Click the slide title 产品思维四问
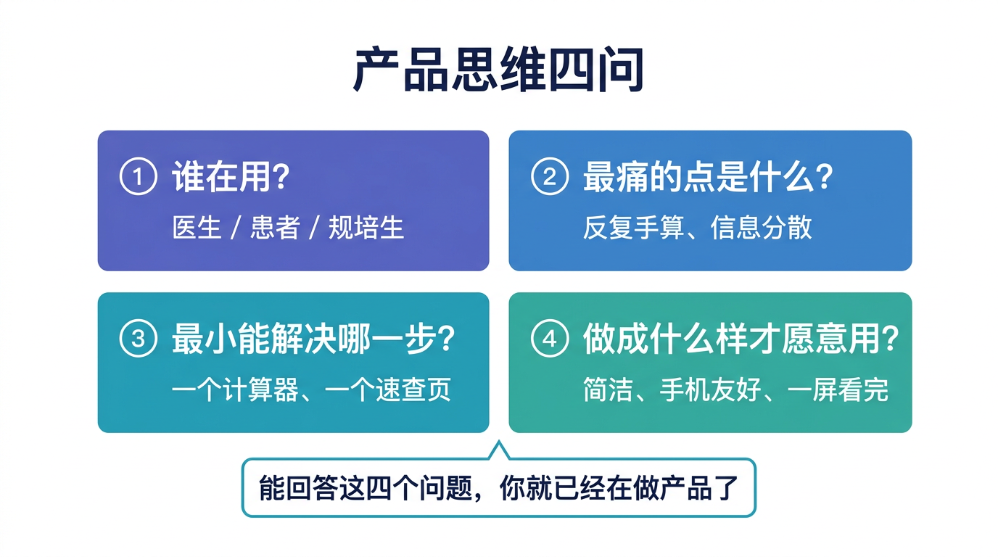[x=499, y=70]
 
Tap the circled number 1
[x=138, y=178]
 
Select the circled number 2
[x=549, y=178]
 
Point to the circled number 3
[x=138, y=339]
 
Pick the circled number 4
[x=549, y=339]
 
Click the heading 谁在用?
[x=231, y=178]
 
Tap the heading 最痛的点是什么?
[x=708, y=178]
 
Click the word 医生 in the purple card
[x=197, y=228]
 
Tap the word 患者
[x=274, y=228]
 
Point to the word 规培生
[x=366, y=228]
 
